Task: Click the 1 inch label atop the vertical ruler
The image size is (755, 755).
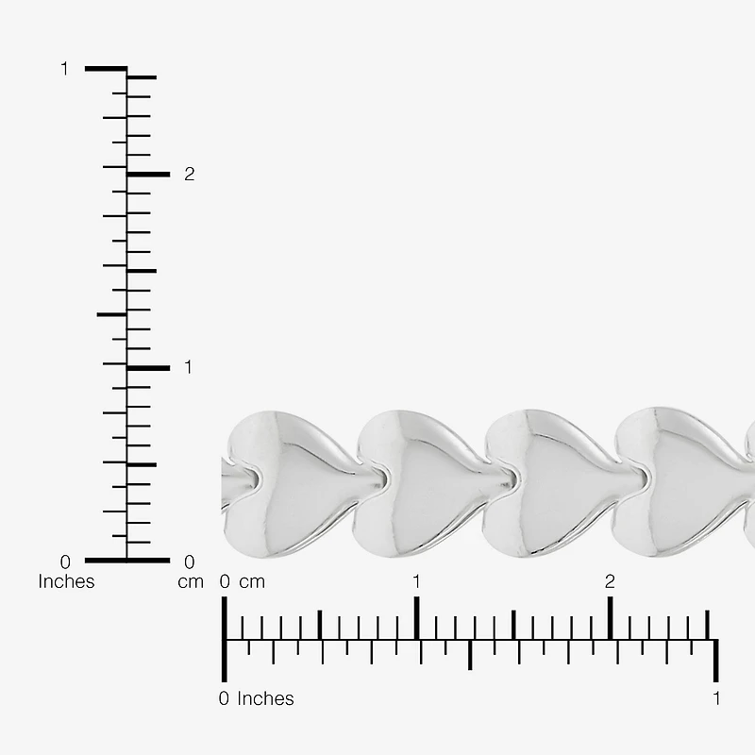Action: [64, 69]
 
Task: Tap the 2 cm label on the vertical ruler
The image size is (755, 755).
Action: [190, 175]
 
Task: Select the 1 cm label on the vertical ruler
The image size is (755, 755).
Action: [188, 367]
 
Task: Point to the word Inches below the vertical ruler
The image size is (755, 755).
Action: [66, 581]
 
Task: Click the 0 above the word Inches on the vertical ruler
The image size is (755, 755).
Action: [65, 562]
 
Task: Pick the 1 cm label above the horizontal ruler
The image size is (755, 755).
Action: [416, 581]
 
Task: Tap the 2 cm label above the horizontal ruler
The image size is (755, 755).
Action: [610, 581]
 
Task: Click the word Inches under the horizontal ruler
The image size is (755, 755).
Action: [265, 698]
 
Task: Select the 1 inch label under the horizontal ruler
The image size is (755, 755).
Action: [716, 698]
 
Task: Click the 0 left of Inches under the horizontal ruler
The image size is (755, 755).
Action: [224, 698]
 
